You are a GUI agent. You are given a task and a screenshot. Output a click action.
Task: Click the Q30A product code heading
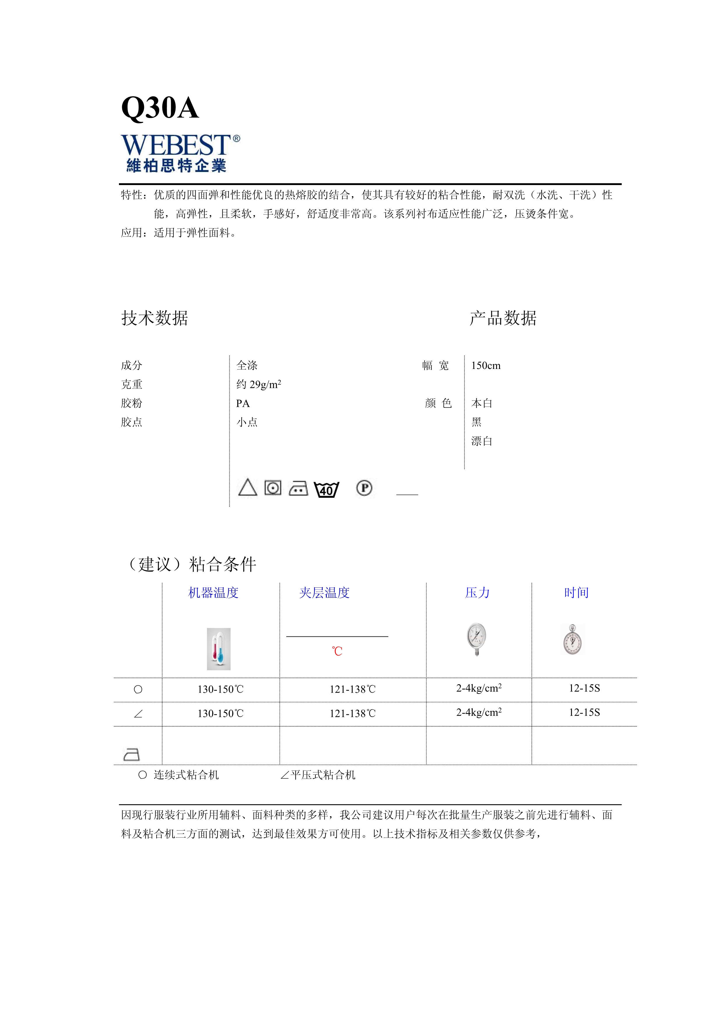[160, 108]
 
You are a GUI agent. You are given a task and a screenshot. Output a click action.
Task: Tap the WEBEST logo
[180, 153]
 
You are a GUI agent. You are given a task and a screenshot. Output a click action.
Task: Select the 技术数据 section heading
[155, 318]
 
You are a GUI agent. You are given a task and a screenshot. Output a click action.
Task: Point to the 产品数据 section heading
[503, 318]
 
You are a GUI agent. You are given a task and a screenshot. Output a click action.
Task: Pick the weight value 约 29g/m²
[259, 384]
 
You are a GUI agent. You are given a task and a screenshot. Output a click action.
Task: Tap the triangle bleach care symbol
[248, 488]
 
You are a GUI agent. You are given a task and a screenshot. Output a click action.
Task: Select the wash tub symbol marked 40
[326, 490]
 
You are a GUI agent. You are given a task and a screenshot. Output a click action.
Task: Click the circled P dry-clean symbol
[364, 488]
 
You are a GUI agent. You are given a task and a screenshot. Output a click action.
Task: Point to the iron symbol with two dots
[298, 488]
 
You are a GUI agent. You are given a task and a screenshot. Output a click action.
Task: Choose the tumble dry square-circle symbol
[273, 488]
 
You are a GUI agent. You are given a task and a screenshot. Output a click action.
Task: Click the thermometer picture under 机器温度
[219, 649]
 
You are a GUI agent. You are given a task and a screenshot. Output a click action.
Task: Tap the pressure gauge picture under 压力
[476, 639]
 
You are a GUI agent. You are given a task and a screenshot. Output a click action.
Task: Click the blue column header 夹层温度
[324, 593]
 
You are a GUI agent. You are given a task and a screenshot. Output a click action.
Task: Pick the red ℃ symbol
[337, 651]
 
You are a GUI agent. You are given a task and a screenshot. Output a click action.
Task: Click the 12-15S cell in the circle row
[584, 688]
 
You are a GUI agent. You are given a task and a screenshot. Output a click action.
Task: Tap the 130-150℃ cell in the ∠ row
[220, 713]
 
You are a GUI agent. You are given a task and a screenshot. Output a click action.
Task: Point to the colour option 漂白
[482, 441]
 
